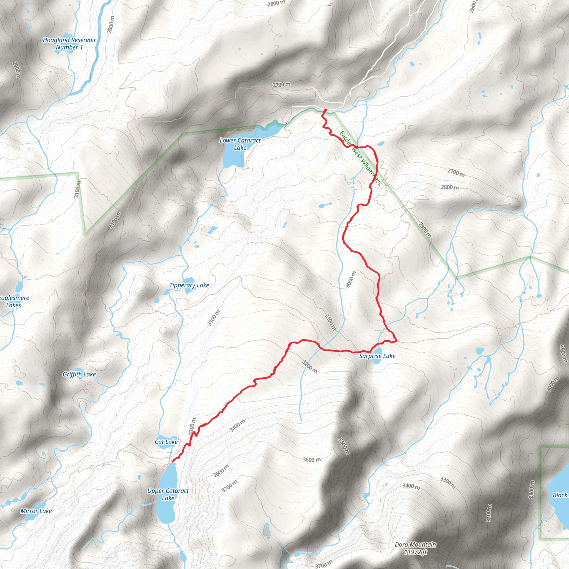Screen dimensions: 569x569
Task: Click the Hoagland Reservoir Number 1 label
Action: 69,44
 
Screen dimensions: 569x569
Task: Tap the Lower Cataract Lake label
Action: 240,144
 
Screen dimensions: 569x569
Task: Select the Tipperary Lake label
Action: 189,285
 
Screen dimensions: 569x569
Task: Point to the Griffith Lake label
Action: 79,374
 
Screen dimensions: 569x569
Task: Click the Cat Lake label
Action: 166,442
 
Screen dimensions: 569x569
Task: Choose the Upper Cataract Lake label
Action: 168,495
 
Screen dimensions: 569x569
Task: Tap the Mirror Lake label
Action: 36,511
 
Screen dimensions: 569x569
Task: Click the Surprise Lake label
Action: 377,356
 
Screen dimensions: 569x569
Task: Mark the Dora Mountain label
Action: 415,545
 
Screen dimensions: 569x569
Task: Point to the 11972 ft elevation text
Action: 415,552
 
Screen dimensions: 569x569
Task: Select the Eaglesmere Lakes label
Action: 14,301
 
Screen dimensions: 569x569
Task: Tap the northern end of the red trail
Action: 325,110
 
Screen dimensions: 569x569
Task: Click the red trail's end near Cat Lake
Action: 173,461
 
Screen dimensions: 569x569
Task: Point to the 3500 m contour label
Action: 344,446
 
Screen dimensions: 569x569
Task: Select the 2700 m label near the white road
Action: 281,85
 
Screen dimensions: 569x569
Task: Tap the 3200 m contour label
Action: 310,366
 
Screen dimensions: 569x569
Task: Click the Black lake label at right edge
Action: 560,495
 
